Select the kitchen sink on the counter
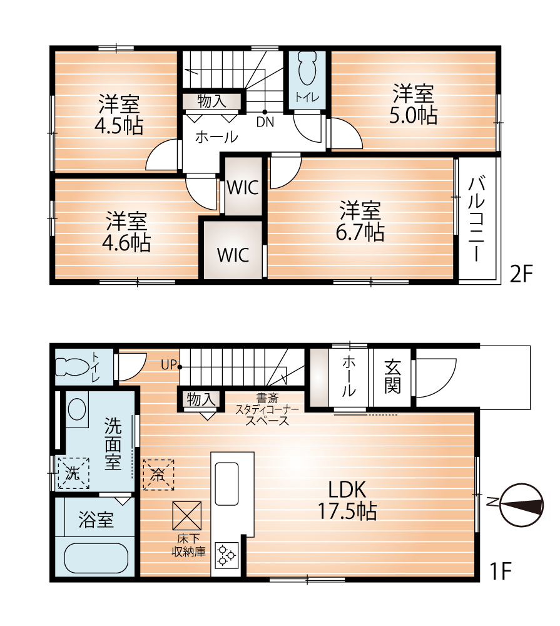(x=226, y=483)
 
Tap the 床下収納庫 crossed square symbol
(x=188, y=516)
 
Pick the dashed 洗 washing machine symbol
(x=73, y=473)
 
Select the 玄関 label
(x=392, y=376)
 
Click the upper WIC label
(x=243, y=187)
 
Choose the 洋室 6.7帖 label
(x=361, y=220)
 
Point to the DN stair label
(x=265, y=123)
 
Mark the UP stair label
(x=168, y=364)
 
